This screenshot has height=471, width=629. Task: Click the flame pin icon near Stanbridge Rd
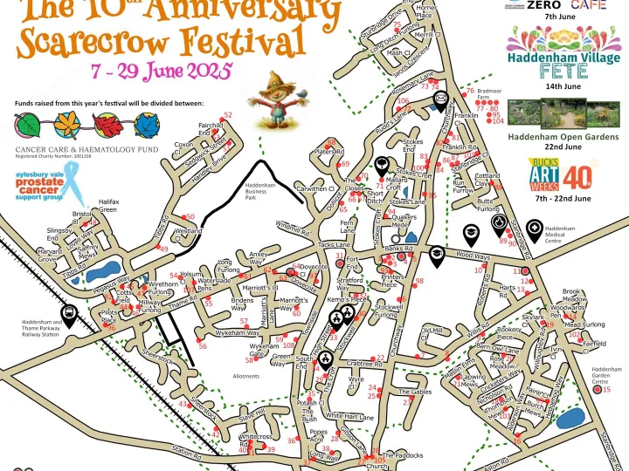point(498,224)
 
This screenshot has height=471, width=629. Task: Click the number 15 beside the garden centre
point(607,390)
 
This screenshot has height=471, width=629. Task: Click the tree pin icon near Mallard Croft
point(382,164)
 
